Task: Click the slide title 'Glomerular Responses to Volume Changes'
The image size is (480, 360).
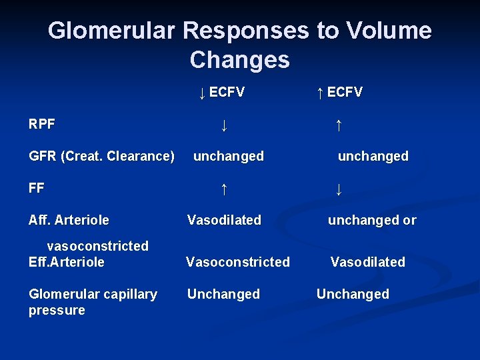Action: [x=240, y=45]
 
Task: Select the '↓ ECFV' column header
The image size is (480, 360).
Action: [x=221, y=93]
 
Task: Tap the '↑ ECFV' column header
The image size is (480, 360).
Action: [x=339, y=93]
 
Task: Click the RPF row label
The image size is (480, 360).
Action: [x=42, y=124]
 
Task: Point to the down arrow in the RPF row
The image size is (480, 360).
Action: [x=225, y=125]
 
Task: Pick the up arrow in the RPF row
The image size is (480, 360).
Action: [x=339, y=125]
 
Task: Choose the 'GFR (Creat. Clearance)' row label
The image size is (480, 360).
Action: [x=102, y=156]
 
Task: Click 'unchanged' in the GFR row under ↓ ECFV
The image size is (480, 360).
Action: [x=228, y=156]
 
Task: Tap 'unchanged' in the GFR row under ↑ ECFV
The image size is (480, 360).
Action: [x=373, y=156]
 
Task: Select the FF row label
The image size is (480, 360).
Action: [x=37, y=188]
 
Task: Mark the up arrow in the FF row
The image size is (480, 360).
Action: [x=225, y=189]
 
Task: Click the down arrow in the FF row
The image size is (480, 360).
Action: [x=339, y=189]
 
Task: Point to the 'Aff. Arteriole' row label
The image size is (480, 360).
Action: [x=69, y=220]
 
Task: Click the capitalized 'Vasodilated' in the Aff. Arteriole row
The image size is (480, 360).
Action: [x=224, y=220]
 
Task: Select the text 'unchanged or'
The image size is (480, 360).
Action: [x=372, y=220]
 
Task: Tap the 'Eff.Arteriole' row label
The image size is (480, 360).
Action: [x=67, y=262]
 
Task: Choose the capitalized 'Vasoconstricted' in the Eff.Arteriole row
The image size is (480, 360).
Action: [x=238, y=262]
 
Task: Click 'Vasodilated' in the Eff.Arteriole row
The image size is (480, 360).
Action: [x=368, y=262]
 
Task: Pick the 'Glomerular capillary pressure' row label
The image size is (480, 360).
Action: [x=93, y=302]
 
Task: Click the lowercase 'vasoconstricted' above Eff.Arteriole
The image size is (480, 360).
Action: [x=97, y=246]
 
